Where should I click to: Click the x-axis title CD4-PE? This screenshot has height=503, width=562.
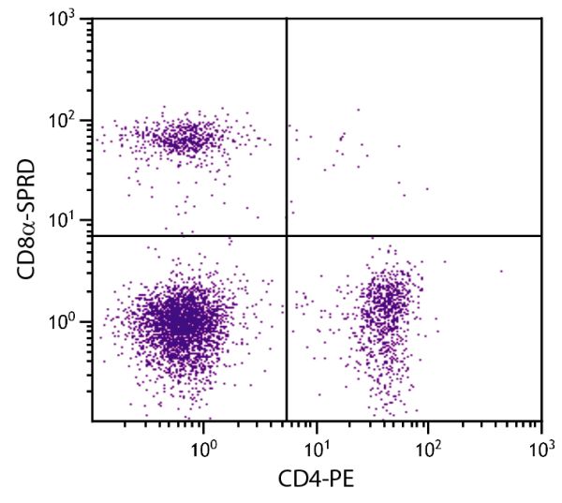(x=317, y=481)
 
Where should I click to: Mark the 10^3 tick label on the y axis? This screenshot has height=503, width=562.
(x=66, y=20)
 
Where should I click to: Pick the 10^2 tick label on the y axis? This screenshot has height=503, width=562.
(x=66, y=120)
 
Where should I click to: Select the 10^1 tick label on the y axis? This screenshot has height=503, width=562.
(x=66, y=220)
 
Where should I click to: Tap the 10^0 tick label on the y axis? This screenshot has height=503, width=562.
(x=66, y=321)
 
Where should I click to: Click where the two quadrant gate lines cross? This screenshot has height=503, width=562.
(x=286, y=235)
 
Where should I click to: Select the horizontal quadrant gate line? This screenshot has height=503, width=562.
(x=421, y=235)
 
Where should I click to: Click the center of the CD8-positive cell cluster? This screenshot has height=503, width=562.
(x=183, y=139)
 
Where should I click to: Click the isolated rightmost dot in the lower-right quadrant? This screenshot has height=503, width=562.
(x=501, y=271)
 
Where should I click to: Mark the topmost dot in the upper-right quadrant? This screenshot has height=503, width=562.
(x=358, y=110)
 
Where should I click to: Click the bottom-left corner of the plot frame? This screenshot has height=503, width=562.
(x=92, y=420)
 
